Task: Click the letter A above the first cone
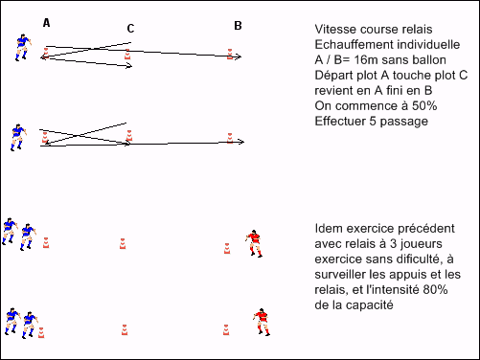46,23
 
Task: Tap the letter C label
130,29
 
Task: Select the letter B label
238,26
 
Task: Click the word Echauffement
350,45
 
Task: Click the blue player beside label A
23,47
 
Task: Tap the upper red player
254,243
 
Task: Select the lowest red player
262,322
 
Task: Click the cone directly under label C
127,55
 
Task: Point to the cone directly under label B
230,54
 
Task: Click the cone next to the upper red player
227,248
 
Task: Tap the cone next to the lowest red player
226,329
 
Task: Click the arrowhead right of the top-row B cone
239,56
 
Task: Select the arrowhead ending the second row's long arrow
241,142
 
